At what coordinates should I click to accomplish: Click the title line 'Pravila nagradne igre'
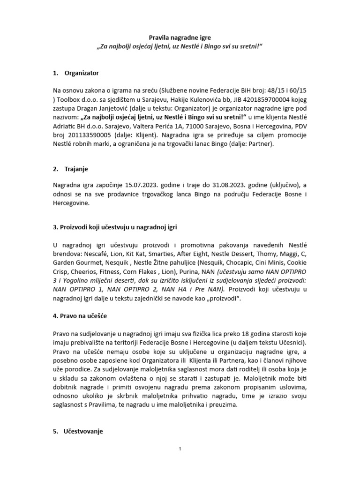coord(180,37)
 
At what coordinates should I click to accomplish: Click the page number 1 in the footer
coord(180,449)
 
